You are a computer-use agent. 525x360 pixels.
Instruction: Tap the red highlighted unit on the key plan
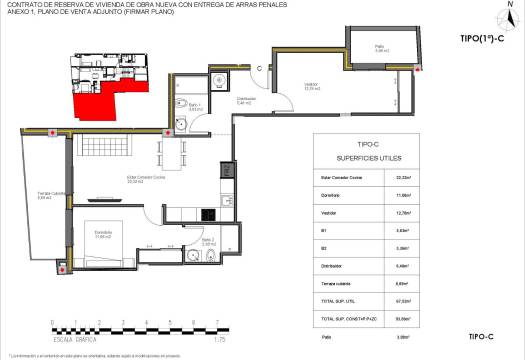[94, 94]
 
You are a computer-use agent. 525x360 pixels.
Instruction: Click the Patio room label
[380, 47]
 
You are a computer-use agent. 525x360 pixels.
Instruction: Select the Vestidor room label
[312, 86]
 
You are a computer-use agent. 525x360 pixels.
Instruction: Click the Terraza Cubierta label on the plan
[37, 196]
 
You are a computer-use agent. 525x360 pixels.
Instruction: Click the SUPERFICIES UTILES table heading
[369, 159]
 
